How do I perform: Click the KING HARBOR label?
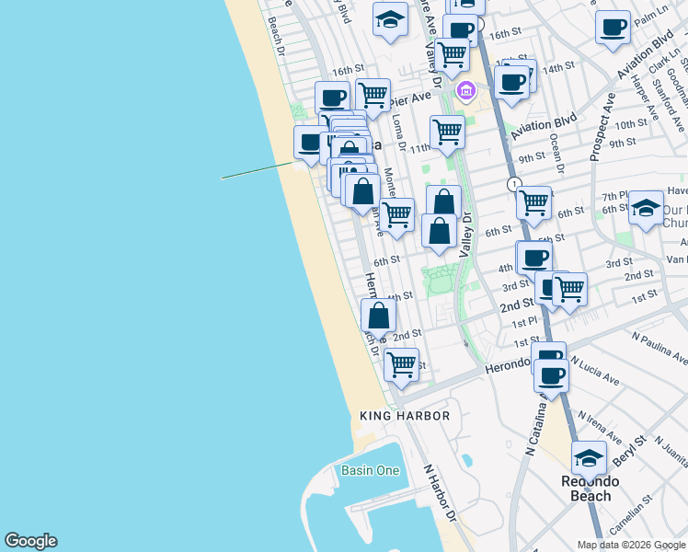[405, 416]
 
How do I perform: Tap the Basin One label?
[371, 470]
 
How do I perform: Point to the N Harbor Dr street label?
[440, 492]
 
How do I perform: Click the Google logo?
[30, 541]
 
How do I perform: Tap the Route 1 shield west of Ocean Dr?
[516, 184]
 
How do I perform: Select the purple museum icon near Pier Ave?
[466, 91]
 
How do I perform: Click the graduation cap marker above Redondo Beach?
[589, 456]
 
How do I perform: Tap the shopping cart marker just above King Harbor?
[401, 363]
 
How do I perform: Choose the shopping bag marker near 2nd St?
[378, 315]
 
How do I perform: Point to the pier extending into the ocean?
[258, 170]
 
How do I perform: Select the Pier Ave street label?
[411, 98]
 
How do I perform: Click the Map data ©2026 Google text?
[631, 545]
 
